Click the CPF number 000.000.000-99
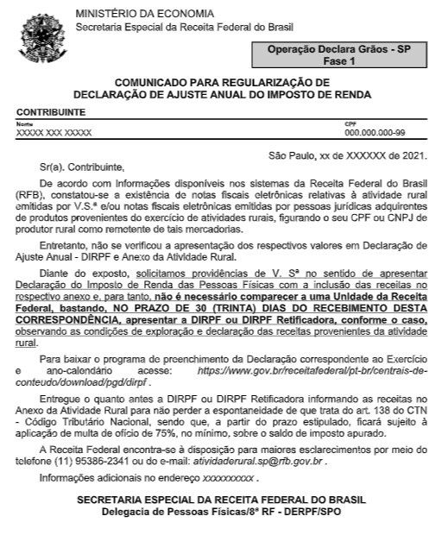click(x=375, y=133)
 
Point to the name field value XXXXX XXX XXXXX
click(x=54, y=133)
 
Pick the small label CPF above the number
click(x=350, y=124)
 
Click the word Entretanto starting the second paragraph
click(x=67, y=247)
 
